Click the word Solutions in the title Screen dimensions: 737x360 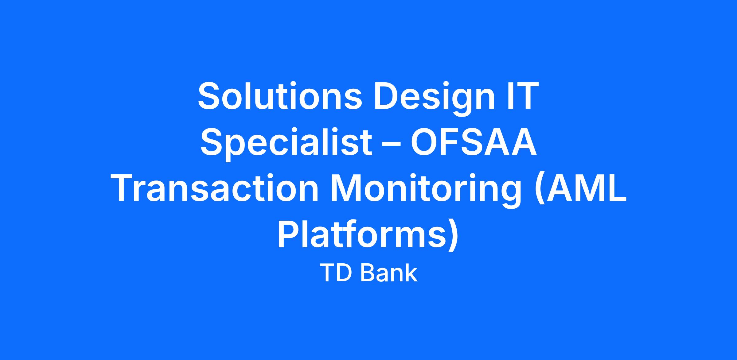280,95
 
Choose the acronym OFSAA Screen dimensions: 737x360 474,142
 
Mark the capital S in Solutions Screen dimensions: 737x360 210,96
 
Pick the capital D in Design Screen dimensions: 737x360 386,96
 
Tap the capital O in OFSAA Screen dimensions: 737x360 425,142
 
